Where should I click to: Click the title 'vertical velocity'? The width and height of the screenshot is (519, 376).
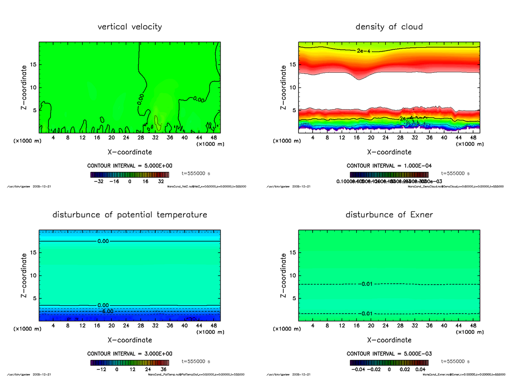(130, 27)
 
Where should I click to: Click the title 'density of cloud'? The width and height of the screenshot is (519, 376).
(389, 27)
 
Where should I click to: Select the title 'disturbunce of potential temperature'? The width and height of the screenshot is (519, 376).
(130, 215)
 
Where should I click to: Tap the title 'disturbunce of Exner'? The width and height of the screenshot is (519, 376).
(389, 215)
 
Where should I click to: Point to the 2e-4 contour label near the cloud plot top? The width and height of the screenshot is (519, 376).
(364, 51)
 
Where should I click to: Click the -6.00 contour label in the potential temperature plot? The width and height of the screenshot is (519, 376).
(105, 311)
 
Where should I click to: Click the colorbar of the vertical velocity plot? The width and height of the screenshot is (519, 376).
(130, 175)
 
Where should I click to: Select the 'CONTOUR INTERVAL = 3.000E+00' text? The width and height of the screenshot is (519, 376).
(130, 354)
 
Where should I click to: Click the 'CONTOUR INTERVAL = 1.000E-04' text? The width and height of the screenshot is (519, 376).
(389, 166)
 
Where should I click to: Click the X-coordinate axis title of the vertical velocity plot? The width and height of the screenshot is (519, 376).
(130, 152)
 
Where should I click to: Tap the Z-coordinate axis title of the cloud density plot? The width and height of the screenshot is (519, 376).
(284, 88)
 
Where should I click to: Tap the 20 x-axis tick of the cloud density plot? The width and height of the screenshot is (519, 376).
(371, 138)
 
